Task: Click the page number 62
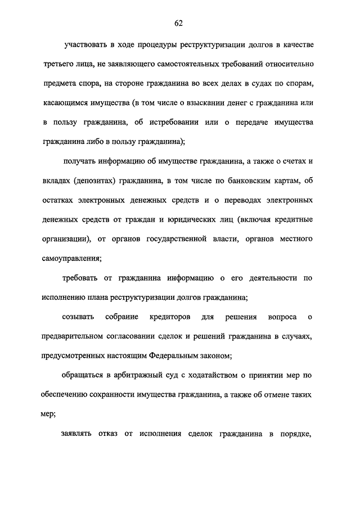(x=179, y=23)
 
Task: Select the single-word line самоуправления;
(x=71, y=258)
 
